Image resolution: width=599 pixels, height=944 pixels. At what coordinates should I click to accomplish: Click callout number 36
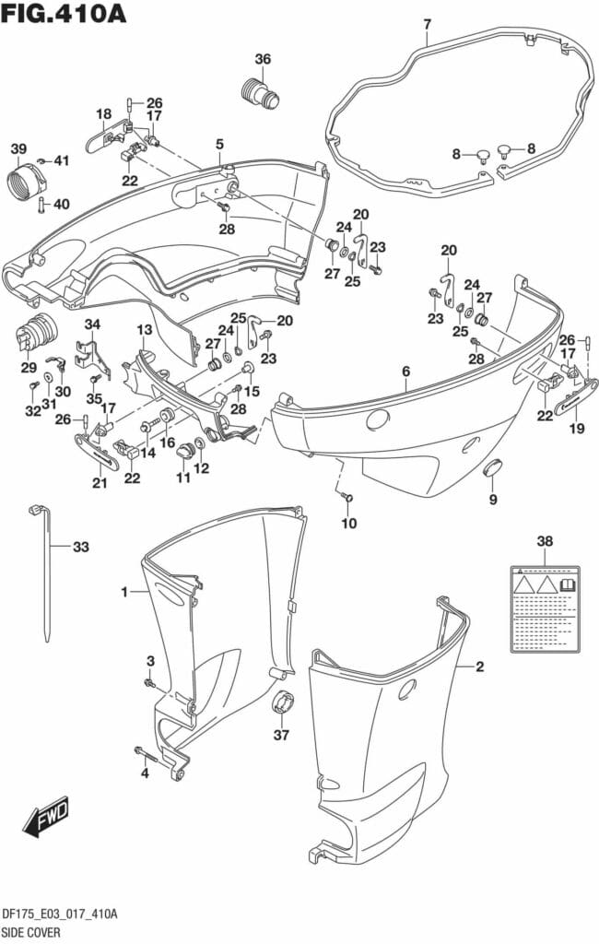coord(264,60)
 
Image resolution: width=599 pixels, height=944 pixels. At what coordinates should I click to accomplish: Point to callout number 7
coord(427,24)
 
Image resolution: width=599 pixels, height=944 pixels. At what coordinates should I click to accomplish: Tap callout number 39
coord(18,149)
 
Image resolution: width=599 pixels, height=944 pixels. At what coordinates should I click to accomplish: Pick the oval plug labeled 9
coord(493,471)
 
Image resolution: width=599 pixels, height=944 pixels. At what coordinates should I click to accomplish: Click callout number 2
coord(479,665)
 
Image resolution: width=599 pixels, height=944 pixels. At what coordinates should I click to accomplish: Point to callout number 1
coord(124,593)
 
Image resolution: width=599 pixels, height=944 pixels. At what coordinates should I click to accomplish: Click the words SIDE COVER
coord(32,932)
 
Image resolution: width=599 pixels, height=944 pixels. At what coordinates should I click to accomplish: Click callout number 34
coord(92,324)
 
